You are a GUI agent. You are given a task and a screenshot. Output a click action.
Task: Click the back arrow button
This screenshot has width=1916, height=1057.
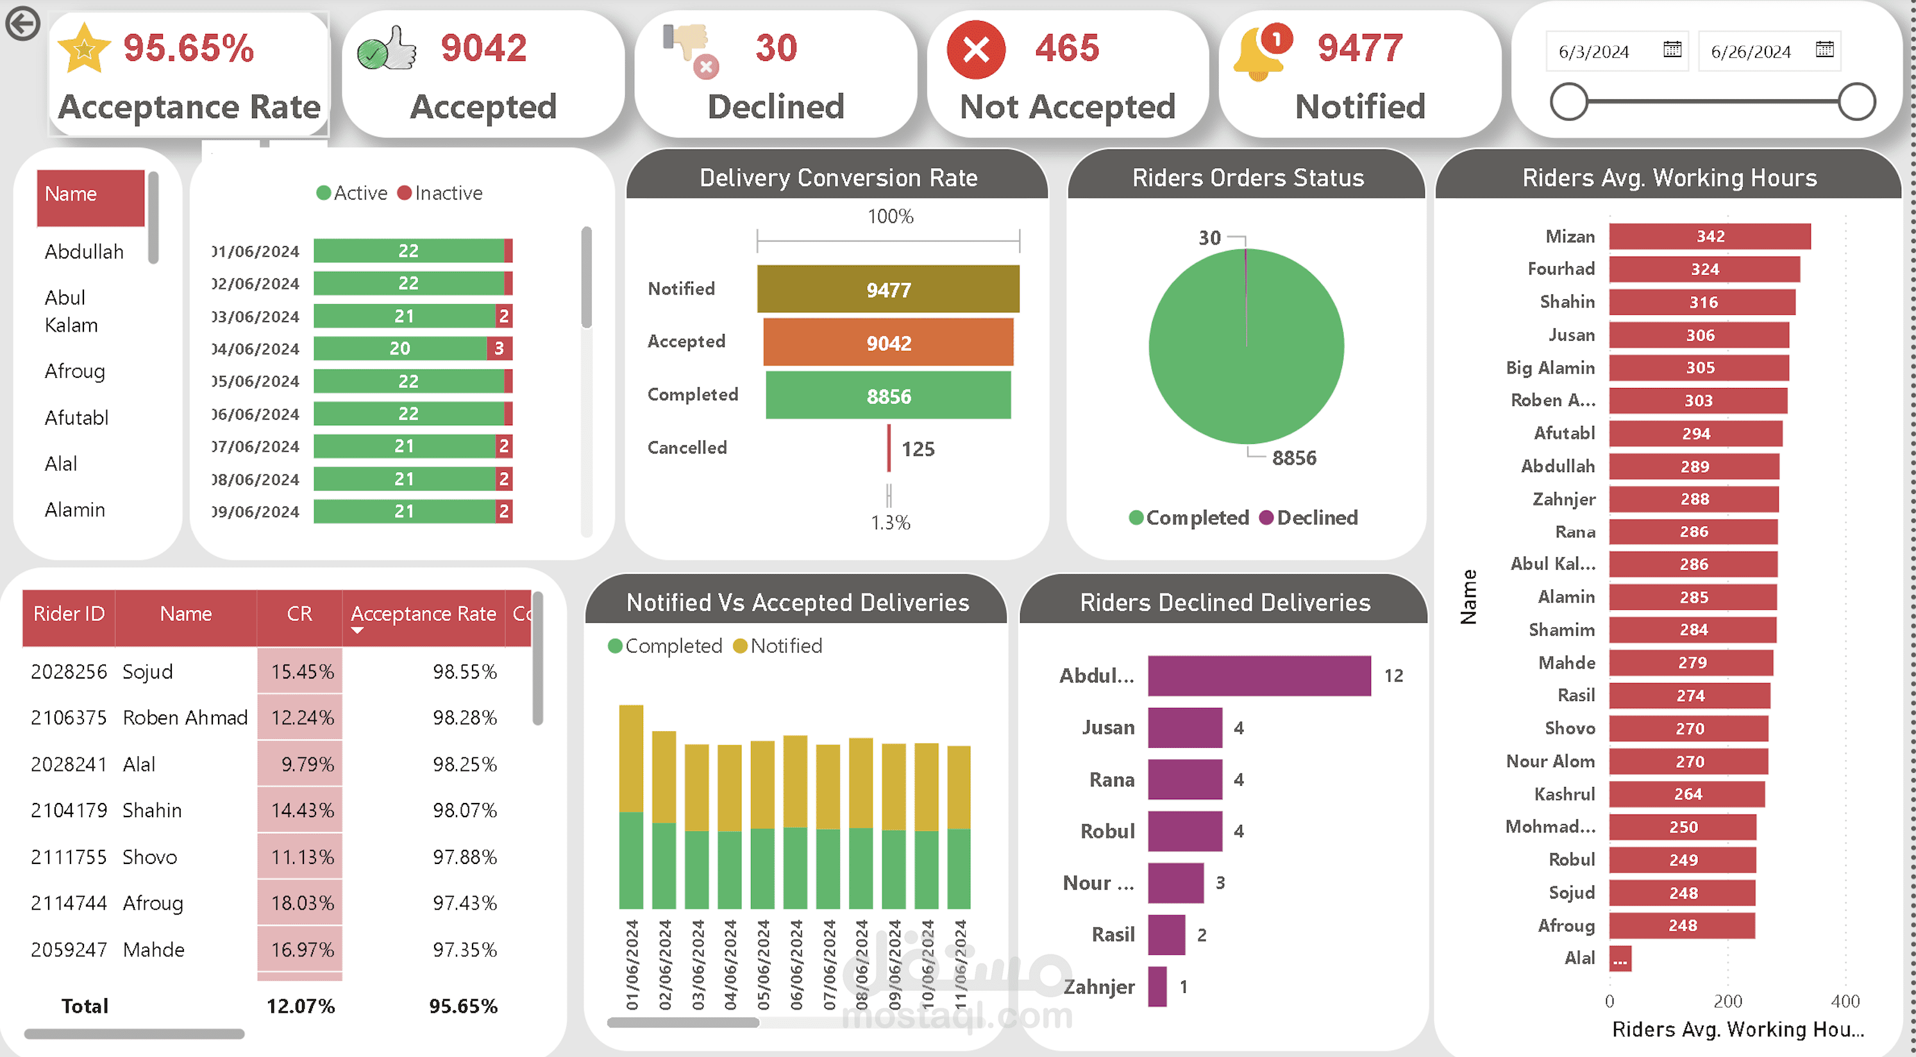[22, 24]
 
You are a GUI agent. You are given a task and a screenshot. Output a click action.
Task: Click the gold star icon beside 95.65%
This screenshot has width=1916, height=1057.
[84, 47]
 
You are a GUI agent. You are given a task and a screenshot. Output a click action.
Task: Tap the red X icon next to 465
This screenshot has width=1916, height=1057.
[976, 50]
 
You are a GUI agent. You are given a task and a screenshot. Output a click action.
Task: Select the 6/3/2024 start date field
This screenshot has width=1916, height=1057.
[1594, 51]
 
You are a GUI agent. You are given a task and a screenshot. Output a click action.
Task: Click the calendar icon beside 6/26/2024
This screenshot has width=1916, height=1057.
[1824, 50]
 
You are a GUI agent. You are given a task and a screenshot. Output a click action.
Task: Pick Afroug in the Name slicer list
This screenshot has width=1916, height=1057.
[74, 371]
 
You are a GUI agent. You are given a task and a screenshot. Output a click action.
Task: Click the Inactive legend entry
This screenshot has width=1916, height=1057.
[441, 194]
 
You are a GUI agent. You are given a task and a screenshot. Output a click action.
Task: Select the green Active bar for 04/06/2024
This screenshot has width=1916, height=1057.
[399, 348]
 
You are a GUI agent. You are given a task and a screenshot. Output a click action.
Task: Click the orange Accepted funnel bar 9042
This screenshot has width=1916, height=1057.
[888, 343]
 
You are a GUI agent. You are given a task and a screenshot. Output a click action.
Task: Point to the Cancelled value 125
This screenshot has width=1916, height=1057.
[918, 448]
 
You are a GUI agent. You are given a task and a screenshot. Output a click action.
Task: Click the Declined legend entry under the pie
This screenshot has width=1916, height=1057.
[1309, 518]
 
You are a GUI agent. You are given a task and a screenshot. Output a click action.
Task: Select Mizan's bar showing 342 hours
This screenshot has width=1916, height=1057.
[1710, 237]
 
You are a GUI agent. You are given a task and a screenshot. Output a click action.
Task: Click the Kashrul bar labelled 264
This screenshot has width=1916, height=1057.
[1686, 795]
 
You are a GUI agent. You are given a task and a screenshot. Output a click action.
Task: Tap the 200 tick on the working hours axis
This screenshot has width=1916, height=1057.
[1727, 1001]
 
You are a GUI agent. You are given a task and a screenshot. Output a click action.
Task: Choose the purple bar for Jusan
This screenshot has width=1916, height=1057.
[1184, 727]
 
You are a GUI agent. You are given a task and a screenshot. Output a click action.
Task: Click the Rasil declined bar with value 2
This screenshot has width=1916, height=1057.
[1166, 935]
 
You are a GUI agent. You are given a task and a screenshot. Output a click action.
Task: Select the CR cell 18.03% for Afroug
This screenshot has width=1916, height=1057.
[301, 903]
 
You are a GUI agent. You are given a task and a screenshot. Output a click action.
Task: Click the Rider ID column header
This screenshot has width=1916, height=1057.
[69, 614]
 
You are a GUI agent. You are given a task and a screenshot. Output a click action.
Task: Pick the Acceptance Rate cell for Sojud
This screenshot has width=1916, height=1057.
[464, 672]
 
